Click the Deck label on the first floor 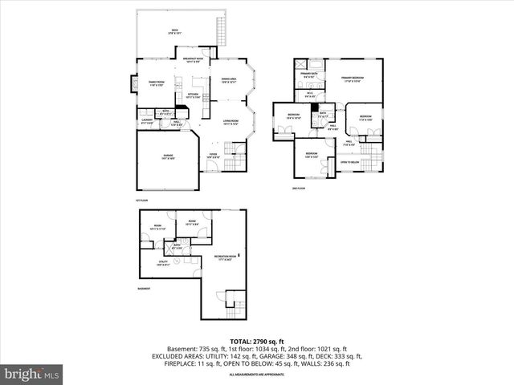click(x=173, y=31)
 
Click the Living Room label click(x=231, y=122)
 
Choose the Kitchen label click(x=193, y=95)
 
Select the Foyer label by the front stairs click(x=213, y=156)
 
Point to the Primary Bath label click(x=308, y=75)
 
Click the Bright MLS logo click(x=33, y=375)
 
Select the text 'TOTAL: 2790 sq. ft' click(x=256, y=342)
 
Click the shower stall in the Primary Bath click(x=299, y=63)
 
